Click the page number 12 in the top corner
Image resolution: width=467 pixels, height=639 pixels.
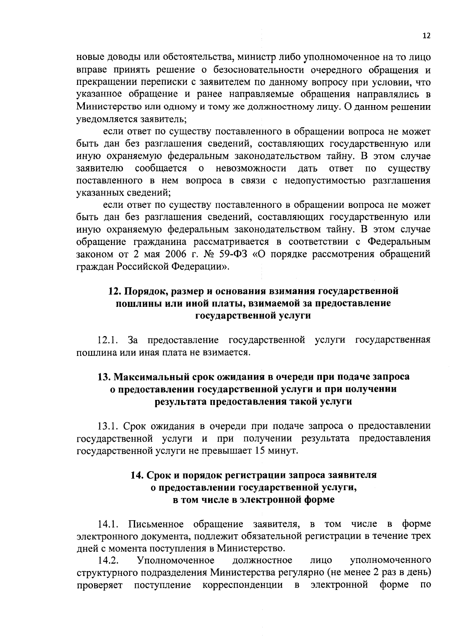pos(427,36)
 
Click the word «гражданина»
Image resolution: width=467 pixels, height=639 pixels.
pos(142,242)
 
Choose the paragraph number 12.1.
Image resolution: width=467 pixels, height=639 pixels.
pos(108,340)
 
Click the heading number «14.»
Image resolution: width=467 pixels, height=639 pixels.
pos(137,475)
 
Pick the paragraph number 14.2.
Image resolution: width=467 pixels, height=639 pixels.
pos(108,561)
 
